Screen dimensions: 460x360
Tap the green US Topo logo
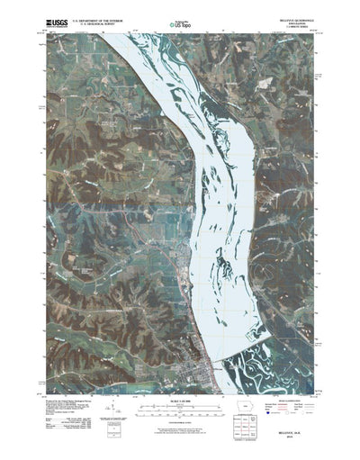[x=180, y=18]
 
